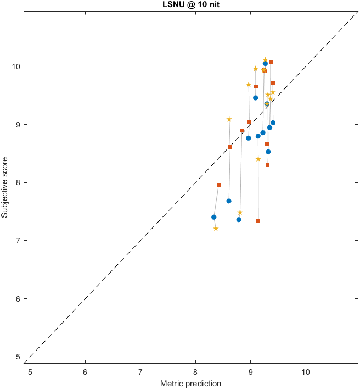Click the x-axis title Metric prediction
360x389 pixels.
tap(190, 383)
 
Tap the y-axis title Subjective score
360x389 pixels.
tap(5, 184)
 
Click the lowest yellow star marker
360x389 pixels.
tap(216, 229)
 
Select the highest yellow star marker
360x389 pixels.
tap(265, 60)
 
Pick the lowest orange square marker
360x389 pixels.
tap(258, 221)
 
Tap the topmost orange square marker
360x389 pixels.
tap(271, 62)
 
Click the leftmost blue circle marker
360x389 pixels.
tap(213, 217)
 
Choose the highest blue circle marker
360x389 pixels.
tap(265, 64)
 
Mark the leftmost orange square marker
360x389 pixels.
tap(218, 185)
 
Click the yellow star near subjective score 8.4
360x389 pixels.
tap(258, 159)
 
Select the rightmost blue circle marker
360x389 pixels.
tap(273, 123)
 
